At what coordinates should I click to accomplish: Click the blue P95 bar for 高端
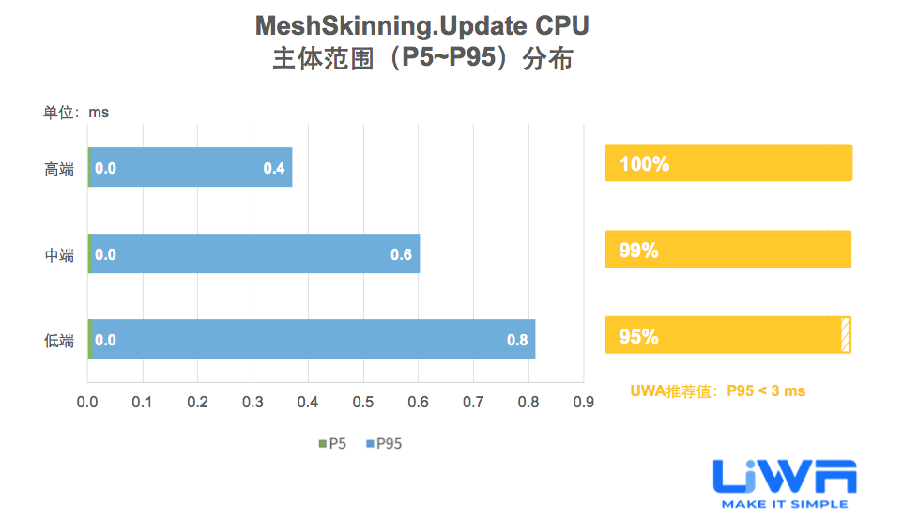pos(188,167)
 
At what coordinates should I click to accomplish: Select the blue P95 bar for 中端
pos(253,253)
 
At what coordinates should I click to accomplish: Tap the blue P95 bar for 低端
pos(310,339)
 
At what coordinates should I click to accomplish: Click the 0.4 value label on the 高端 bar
pos(274,168)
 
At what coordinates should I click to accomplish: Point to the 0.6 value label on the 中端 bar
pos(401,254)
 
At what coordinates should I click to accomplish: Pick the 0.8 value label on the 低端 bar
pos(517,340)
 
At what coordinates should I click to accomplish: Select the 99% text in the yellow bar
pos(639,250)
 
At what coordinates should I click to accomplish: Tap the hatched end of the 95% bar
pos(845,335)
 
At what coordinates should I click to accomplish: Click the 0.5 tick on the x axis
pos(363,402)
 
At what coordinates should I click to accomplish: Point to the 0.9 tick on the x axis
pos(583,402)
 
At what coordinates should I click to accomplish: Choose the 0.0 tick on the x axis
pos(87,402)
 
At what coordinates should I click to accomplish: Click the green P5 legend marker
pos(322,444)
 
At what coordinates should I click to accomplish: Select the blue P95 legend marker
pos(370,444)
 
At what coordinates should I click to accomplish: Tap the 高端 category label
pos(59,168)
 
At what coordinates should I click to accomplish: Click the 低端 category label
pos(59,340)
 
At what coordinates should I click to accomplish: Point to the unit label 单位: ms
pos(76,113)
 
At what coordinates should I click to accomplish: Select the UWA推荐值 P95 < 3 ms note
pos(718,391)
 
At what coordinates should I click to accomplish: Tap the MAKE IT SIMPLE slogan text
pos(785,505)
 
